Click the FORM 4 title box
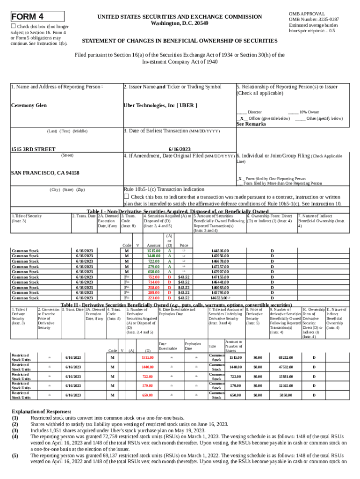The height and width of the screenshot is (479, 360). (37, 17)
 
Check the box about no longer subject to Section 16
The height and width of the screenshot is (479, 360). (14, 27)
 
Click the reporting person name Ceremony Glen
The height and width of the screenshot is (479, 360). (29, 105)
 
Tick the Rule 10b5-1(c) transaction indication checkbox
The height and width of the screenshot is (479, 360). (126, 196)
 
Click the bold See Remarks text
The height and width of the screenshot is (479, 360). (251, 124)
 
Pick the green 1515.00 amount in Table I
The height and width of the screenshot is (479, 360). (154, 251)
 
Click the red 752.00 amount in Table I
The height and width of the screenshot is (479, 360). (154, 277)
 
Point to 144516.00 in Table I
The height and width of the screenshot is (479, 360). (220, 251)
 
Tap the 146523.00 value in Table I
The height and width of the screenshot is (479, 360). (219, 298)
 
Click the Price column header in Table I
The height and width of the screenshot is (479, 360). (184, 245)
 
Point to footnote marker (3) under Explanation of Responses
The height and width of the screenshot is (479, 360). (15, 430)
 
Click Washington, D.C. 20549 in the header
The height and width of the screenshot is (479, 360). (180, 23)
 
